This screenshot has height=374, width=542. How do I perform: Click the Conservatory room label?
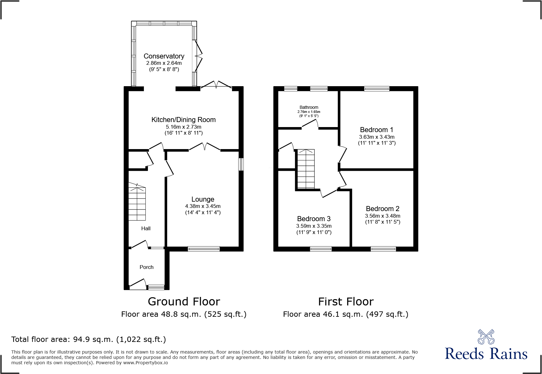[164, 56]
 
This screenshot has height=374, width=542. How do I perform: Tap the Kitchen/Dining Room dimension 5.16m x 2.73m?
[183, 127]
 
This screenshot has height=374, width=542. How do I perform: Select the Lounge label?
[203, 199]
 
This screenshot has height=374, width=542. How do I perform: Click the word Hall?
[146, 228]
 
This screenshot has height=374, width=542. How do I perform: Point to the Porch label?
[146, 267]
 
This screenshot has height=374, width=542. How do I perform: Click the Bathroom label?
[309, 107]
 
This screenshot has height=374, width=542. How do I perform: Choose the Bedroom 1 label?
[376, 130]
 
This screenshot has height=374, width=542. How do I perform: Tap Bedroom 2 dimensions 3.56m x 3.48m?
[382, 216]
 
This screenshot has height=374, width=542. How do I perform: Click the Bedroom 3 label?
[313, 219]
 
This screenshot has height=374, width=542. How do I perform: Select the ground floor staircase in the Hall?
[137, 203]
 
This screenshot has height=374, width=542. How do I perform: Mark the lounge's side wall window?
[241, 164]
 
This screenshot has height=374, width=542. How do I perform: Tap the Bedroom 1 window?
[376, 89]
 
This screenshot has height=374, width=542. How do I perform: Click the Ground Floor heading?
[184, 301]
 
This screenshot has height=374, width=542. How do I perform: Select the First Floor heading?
[346, 301]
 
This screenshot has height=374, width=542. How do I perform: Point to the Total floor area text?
[88, 339]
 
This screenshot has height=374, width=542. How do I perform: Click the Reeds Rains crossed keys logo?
[486, 337]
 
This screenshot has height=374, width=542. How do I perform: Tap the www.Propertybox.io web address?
[145, 363]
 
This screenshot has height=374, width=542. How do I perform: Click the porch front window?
[156, 287]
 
